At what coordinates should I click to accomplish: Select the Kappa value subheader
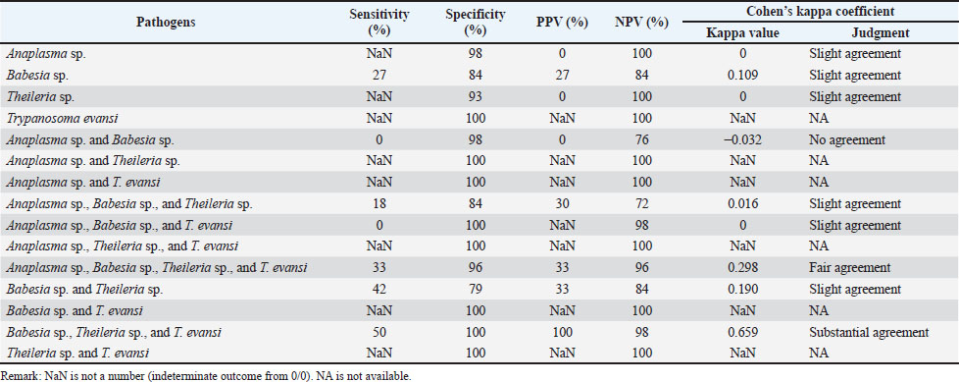coord(742,32)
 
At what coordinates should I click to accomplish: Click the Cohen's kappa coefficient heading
coord(819,11)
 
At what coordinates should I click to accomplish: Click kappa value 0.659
coord(742,333)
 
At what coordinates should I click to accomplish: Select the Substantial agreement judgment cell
coord(868,333)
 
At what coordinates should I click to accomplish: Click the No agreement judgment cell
coord(845,139)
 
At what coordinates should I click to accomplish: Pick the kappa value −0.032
coord(742,139)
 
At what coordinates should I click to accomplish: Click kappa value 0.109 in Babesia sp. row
coord(742,76)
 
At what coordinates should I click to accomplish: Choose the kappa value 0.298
coord(742,268)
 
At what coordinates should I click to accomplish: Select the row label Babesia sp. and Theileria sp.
coord(75,290)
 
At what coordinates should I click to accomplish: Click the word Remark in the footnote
coord(17,375)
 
